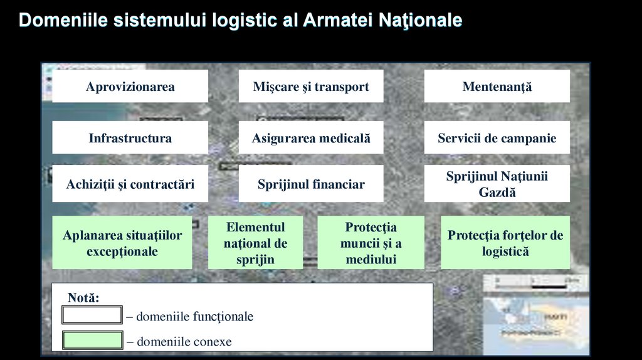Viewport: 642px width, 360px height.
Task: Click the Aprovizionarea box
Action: [130, 87]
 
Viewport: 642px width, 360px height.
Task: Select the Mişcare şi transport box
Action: [311, 87]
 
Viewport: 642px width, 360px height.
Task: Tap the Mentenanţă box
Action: [497, 87]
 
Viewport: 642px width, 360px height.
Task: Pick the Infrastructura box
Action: [130, 138]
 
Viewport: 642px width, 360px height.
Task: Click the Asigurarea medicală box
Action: [311, 138]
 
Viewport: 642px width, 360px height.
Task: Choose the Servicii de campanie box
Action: [497, 138]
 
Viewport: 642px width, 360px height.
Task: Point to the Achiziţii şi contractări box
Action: [130, 184]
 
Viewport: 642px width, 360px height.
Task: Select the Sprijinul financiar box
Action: [311, 184]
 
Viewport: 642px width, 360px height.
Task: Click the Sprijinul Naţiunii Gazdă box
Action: [497, 184]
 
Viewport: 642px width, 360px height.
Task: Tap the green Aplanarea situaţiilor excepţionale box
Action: [122, 243]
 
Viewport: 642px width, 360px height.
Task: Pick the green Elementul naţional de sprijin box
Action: [255, 243]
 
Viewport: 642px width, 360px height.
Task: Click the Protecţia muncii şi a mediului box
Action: [371, 243]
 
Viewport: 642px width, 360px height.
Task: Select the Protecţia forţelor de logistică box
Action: [505, 243]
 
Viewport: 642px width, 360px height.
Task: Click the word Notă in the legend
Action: [83, 298]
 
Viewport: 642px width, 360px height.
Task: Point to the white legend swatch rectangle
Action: [92, 315]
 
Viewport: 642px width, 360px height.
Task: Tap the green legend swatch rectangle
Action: [92, 341]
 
